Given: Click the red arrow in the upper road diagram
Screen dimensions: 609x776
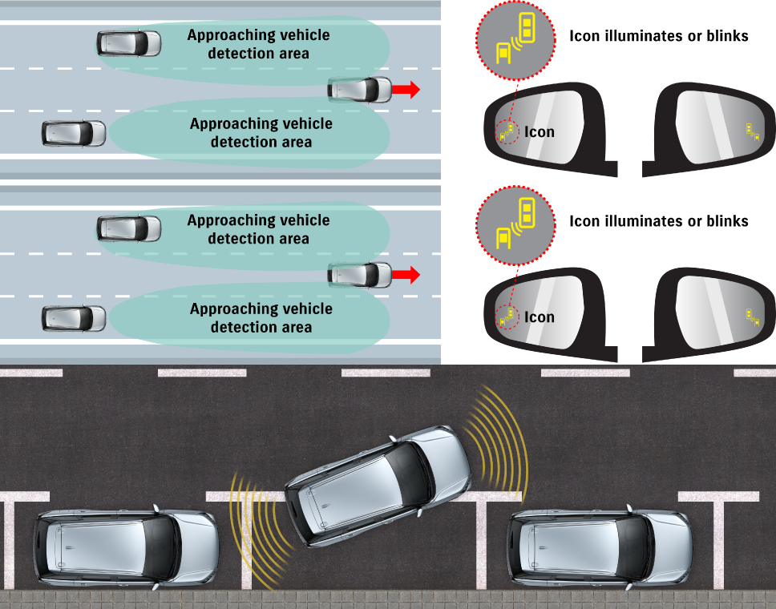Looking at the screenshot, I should (406, 90).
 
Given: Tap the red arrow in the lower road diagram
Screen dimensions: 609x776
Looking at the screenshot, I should (406, 276).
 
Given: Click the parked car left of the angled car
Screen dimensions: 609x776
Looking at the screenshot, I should (126, 549).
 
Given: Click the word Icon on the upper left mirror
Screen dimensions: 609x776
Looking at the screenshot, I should (540, 131).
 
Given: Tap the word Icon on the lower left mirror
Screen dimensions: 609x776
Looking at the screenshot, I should (540, 317).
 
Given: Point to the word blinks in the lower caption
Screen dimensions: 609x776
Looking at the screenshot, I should (726, 220).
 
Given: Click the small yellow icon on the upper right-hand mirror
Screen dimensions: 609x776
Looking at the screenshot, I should (751, 130).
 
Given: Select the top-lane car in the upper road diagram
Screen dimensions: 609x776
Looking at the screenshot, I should (129, 43).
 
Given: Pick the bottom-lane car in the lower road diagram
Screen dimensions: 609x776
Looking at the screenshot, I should (74, 318).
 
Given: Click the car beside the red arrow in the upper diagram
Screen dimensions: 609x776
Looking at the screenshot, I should (360, 90).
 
